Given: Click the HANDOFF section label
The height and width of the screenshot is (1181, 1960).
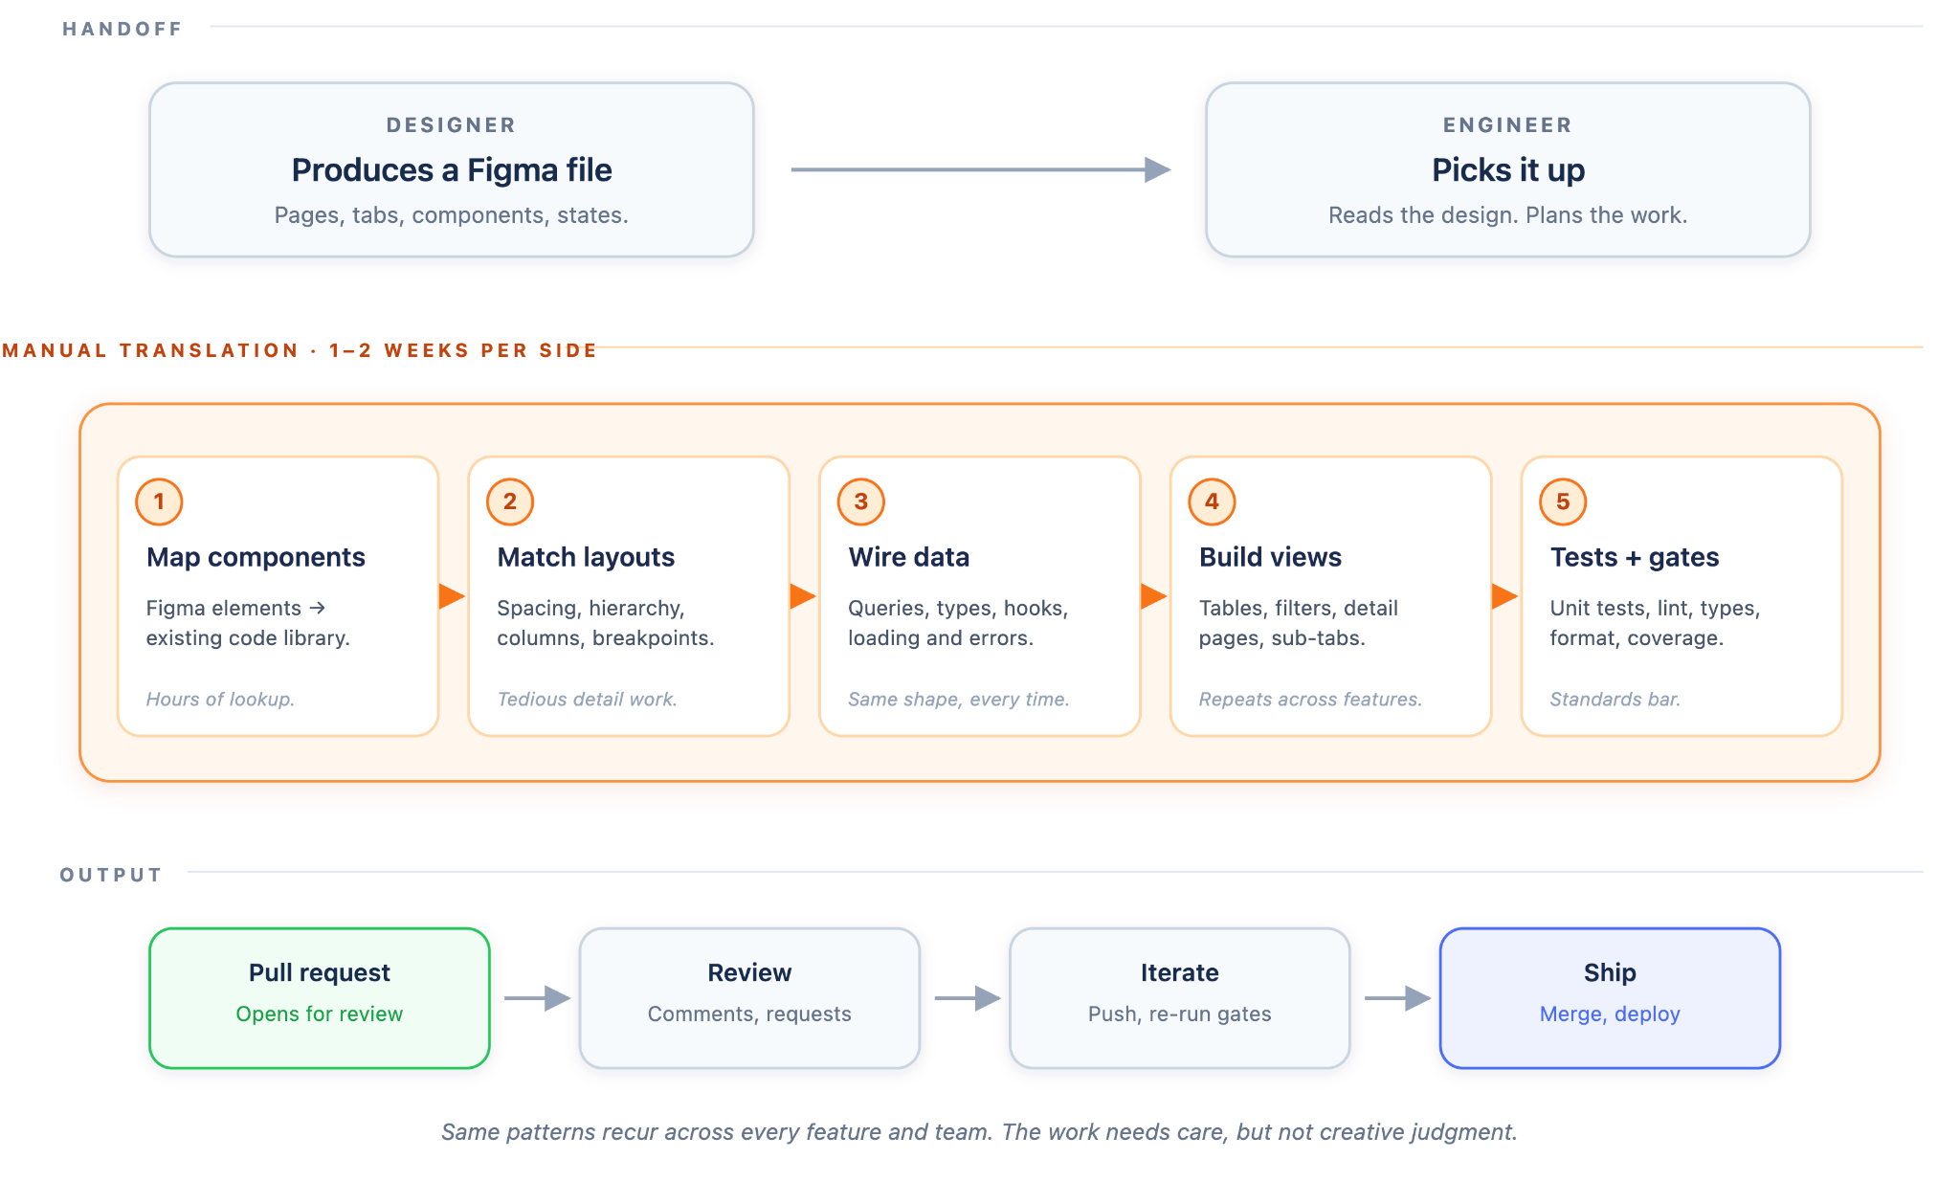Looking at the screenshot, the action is (x=122, y=29).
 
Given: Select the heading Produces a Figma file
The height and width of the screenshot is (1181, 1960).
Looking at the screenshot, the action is (x=452, y=170).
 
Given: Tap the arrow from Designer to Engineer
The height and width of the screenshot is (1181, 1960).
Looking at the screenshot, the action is (x=981, y=169).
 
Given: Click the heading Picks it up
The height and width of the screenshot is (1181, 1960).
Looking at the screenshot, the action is (x=1508, y=170).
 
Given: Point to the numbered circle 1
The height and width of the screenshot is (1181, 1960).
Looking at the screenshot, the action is (x=159, y=501).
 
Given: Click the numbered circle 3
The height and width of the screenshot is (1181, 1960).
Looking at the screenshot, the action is (x=861, y=501).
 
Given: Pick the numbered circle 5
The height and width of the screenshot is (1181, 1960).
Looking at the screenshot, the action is (x=1563, y=501).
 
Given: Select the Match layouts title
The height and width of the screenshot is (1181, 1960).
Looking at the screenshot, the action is (x=586, y=557).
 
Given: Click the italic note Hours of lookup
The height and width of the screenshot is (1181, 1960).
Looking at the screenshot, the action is (x=220, y=700).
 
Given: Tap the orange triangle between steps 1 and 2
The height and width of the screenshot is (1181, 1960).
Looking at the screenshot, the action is (x=452, y=596).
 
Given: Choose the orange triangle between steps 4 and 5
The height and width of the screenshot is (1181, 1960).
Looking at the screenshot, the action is (x=1504, y=596).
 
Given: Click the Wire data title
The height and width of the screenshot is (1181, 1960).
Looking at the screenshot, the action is (x=909, y=557).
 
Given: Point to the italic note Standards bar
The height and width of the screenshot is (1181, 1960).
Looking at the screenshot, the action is (x=1615, y=700).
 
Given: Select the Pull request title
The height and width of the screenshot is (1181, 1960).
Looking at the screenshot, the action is (x=320, y=972).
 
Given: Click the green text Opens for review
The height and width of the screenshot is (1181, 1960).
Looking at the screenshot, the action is (x=320, y=1014).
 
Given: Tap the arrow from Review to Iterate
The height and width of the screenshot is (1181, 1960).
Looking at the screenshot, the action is (x=968, y=998).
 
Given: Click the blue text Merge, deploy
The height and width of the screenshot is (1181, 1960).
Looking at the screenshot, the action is (x=1610, y=1014).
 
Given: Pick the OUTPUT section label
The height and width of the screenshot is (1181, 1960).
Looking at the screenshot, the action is (x=111, y=875).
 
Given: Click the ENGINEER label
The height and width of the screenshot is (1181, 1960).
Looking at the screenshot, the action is (x=1508, y=125).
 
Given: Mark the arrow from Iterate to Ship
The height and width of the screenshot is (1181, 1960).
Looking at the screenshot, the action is (x=1397, y=998).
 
